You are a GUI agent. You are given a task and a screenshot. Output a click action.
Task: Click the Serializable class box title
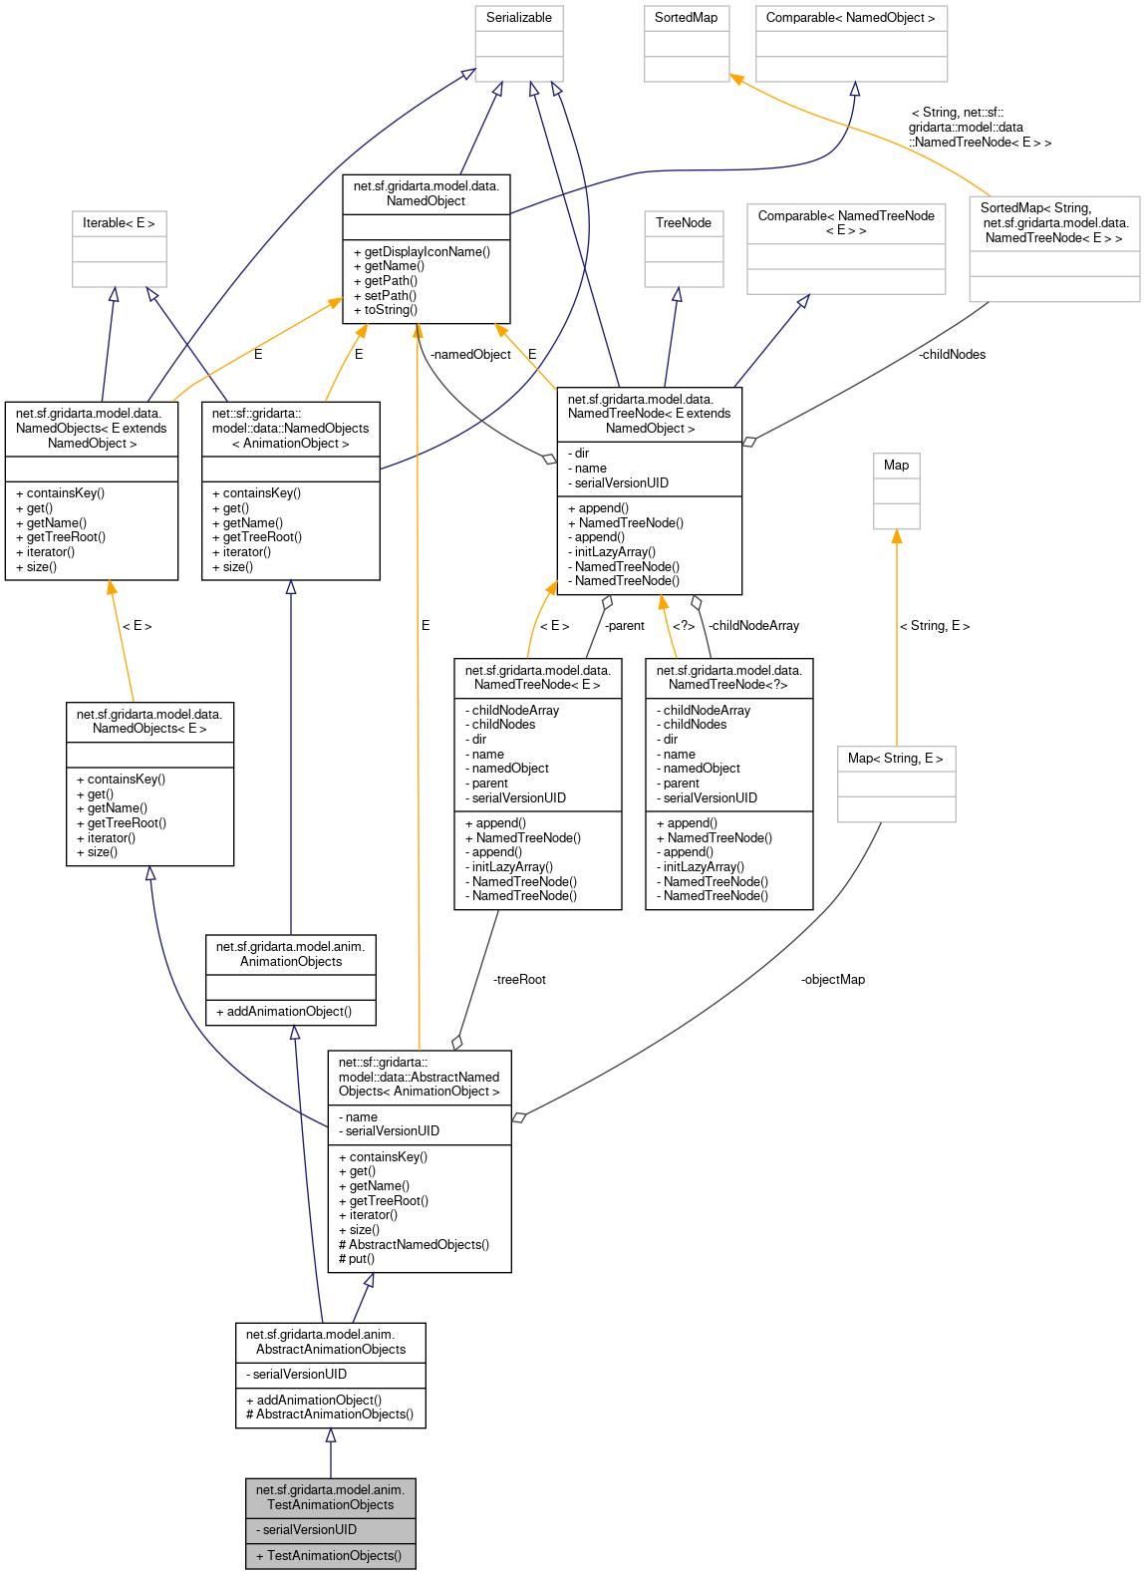point(518,18)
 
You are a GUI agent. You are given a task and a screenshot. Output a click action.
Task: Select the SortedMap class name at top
point(686,18)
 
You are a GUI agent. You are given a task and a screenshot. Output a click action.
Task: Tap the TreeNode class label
point(683,223)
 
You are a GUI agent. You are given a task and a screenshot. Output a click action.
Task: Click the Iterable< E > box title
point(119,223)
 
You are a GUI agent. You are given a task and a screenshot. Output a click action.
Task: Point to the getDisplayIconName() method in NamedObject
point(427,252)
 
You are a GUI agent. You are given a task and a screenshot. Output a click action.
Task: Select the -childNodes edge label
point(952,355)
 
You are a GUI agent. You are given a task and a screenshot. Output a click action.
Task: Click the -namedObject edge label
point(470,355)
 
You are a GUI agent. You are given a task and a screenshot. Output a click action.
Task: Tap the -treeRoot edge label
point(519,980)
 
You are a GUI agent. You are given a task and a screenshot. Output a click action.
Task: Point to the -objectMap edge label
point(832,980)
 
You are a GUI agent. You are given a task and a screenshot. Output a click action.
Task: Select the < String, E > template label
point(934,626)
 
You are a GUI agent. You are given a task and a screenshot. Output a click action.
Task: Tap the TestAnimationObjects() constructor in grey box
point(329,1556)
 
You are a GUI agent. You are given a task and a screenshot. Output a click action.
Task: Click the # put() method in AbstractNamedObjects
point(357,1259)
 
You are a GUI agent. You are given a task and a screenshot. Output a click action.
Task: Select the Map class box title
point(896,466)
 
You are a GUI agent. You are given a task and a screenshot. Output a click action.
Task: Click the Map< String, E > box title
point(895,759)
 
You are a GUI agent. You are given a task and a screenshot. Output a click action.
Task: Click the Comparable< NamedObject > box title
point(850,18)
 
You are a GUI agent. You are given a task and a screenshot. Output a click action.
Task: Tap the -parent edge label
point(624,626)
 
